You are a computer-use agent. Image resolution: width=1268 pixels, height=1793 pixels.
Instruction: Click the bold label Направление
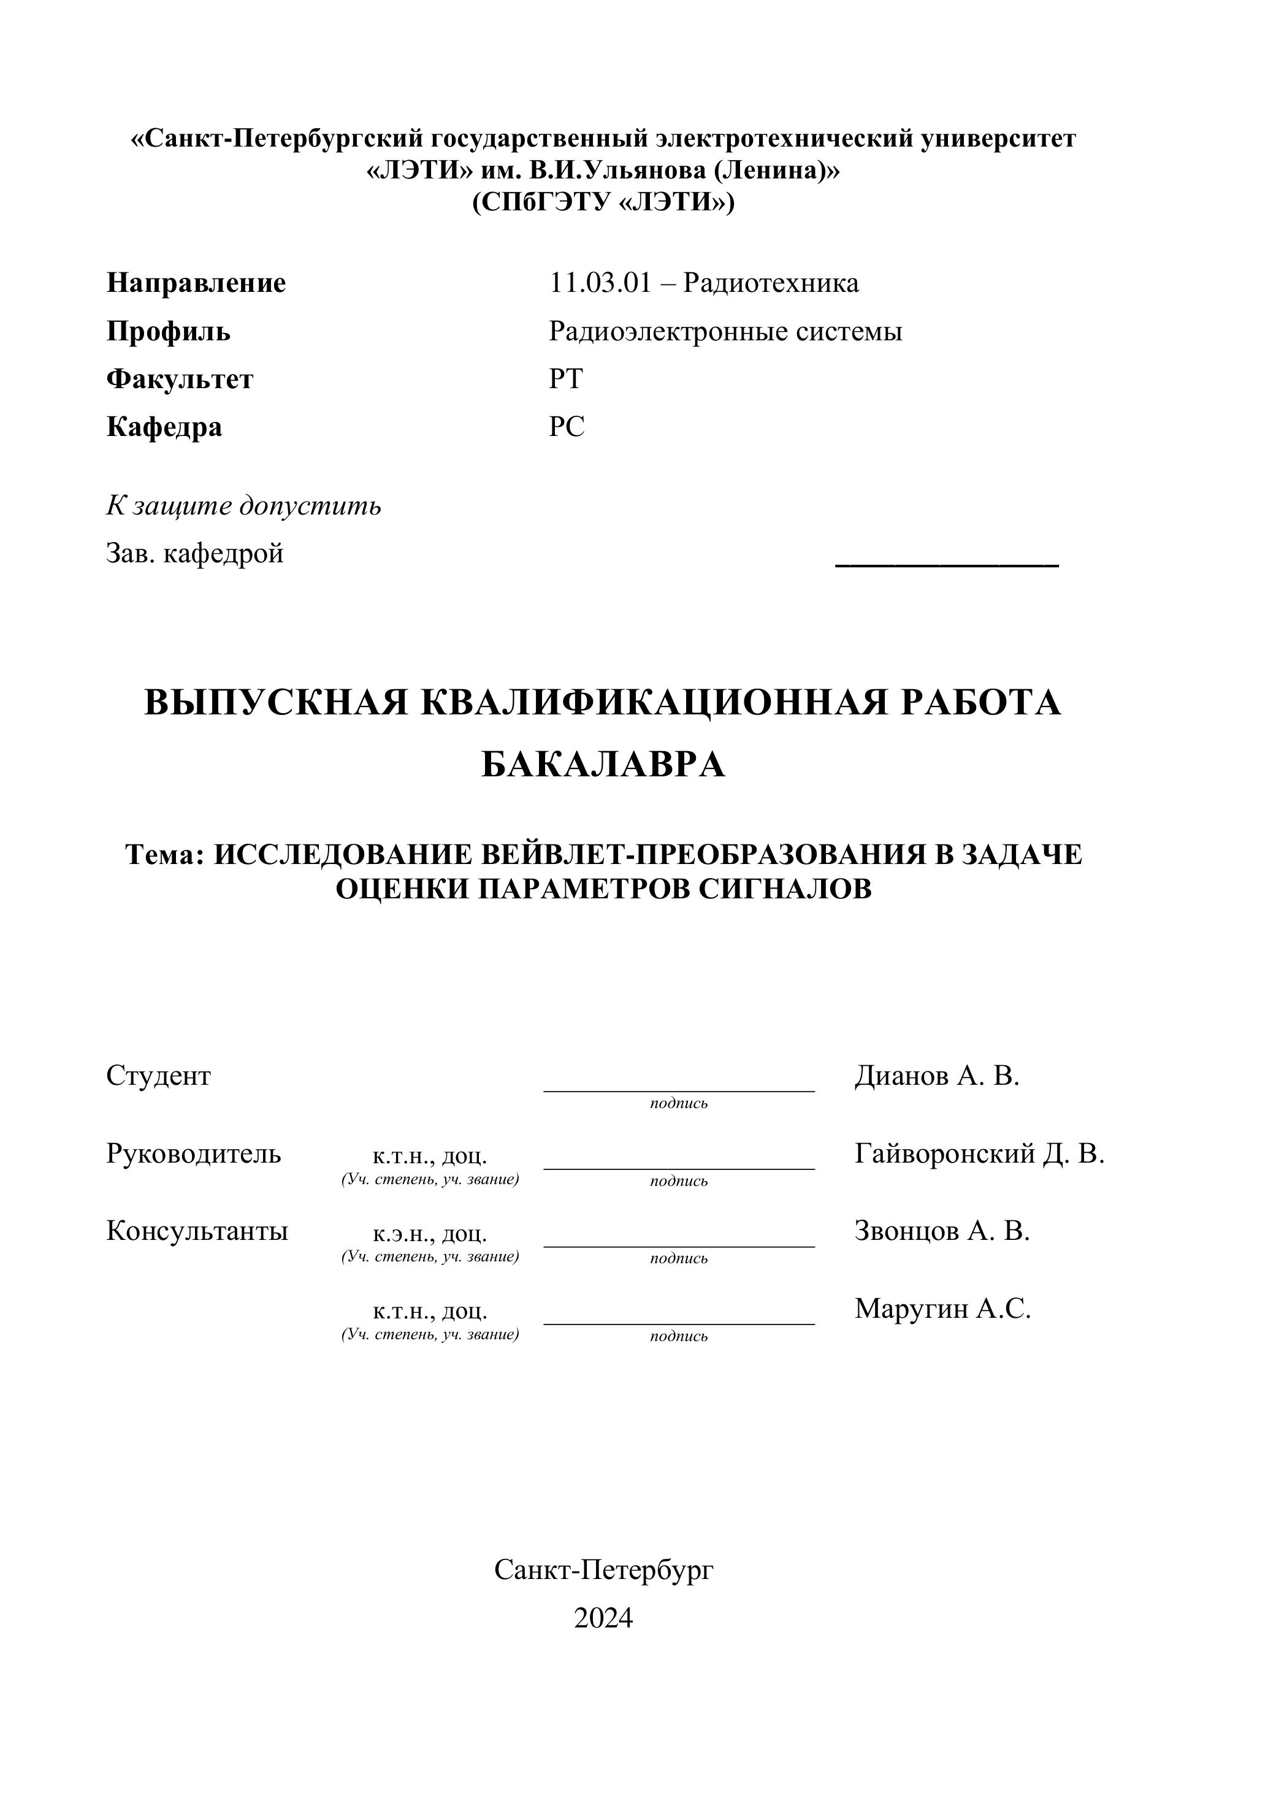[x=196, y=283]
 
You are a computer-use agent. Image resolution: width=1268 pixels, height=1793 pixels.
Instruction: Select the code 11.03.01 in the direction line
[x=600, y=283]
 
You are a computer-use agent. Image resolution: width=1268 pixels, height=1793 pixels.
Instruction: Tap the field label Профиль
[x=168, y=332]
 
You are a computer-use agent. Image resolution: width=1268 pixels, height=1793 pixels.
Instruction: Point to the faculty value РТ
[x=565, y=380]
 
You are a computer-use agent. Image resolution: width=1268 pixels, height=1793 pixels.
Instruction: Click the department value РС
[x=566, y=427]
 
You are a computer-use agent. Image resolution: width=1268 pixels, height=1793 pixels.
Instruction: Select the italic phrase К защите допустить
[x=243, y=506]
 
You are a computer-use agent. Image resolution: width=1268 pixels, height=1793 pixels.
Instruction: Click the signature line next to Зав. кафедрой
[x=946, y=563]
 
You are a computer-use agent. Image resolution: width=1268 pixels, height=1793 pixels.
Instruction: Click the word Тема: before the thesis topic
[x=165, y=855]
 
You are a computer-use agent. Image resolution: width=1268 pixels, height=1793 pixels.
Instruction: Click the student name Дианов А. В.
[x=937, y=1076]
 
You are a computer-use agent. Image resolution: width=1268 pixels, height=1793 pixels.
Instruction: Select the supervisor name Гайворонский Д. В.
[x=979, y=1153]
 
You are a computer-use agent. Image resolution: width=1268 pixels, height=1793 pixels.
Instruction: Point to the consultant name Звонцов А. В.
[x=942, y=1231]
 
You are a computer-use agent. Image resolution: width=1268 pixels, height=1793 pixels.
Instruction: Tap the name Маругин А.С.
[x=942, y=1308]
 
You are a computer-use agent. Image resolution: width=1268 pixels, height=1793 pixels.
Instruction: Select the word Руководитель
[x=194, y=1153]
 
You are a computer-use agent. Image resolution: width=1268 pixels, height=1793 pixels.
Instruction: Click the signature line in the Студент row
[x=679, y=1090]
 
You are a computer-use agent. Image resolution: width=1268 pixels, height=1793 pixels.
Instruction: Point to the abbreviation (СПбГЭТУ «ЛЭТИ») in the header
[x=603, y=203]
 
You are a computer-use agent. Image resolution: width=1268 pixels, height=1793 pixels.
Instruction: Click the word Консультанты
[x=197, y=1231]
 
